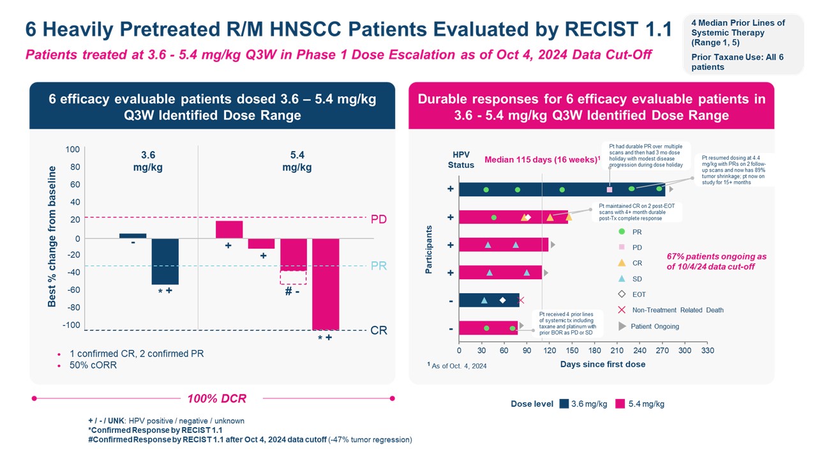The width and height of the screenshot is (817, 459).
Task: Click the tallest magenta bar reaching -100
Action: (326, 284)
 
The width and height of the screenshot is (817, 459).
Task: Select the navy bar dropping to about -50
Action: (165, 261)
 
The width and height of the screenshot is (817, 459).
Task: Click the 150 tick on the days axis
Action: (572, 351)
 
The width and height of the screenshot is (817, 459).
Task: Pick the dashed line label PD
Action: (379, 219)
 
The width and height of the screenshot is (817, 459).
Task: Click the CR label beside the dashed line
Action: (379, 331)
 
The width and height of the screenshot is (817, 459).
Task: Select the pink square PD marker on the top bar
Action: (610, 189)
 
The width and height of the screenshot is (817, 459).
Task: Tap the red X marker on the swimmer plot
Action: (521, 300)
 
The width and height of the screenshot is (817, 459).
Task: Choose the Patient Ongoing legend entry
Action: (654, 326)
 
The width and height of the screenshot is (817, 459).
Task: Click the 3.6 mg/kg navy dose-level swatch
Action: (564, 404)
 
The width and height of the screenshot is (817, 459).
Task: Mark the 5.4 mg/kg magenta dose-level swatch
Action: (620, 404)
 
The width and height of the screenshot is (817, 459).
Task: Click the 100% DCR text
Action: (216, 399)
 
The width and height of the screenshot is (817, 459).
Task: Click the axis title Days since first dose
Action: (603, 364)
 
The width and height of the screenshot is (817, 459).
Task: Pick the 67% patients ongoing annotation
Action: (716, 261)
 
